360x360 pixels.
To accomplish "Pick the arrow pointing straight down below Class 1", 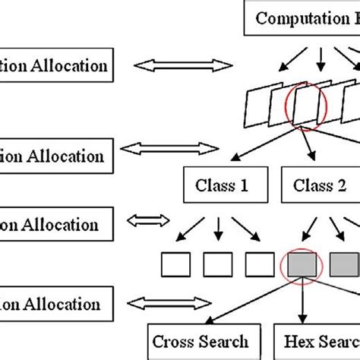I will tap(218, 226).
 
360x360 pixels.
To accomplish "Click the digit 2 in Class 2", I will tap(348, 185).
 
